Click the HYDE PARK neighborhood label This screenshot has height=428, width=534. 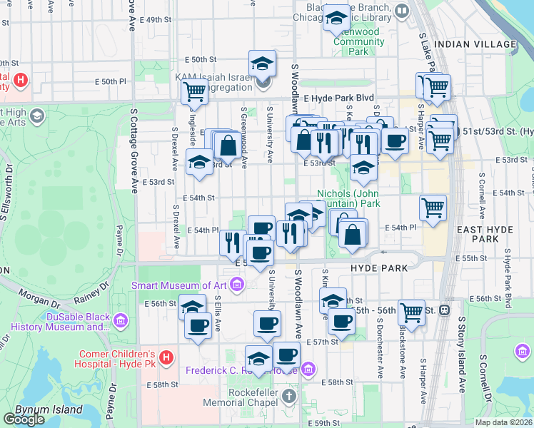click(x=378, y=268)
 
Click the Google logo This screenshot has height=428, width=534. click(x=24, y=419)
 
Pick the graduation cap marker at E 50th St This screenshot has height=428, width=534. click(x=262, y=63)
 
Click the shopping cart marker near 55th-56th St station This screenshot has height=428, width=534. click(x=411, y=311)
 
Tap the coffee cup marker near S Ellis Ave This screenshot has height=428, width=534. click(x=198, y=326)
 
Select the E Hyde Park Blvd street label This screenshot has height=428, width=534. click(x=338, y=98)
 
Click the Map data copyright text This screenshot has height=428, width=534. click(x=503, y=422)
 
